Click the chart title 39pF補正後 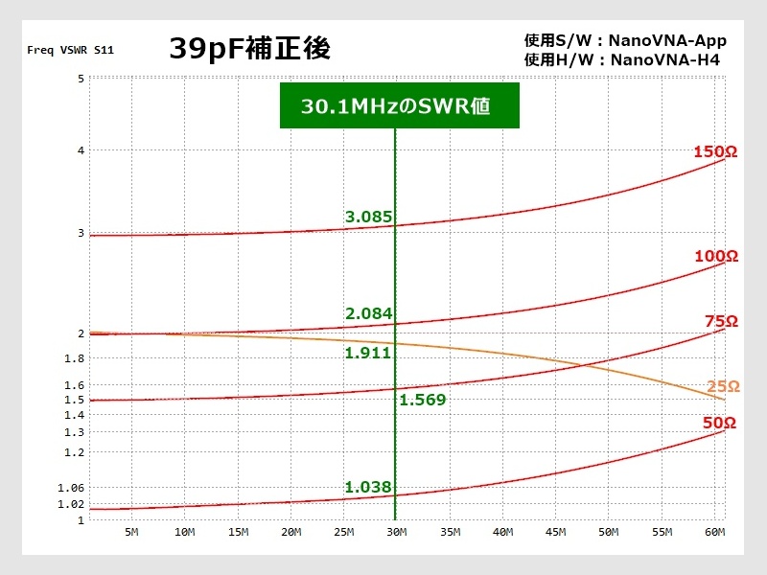pyautogui.click(x=250, y=49)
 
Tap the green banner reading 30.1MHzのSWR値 pyautogui.click(x=399, y=106)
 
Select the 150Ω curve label pyautogui.click(x=715, y=151)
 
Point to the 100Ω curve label pyautogui.click(x=715, y=256)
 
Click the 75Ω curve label pyautogui.click(x=721, y=321)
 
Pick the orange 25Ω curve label pyautogui.click(x=723, y=386)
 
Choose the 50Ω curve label pyautogui.click(x=718, y=423)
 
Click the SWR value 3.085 pyautogui.click(x=369, y=217)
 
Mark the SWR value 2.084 pyautogui.click(x=369, y=313)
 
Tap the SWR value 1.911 pyautogui.click(x=369, y=353)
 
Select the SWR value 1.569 pyautogui.click(x=423, y=400)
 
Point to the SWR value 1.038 pyautogui.click(x=369, y=487)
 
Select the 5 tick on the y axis pyautogui.click(x=81, y=78)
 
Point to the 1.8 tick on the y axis pyautogui.click(x=75, y=358)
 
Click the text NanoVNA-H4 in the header pyautogui.click(x=664, y=60)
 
